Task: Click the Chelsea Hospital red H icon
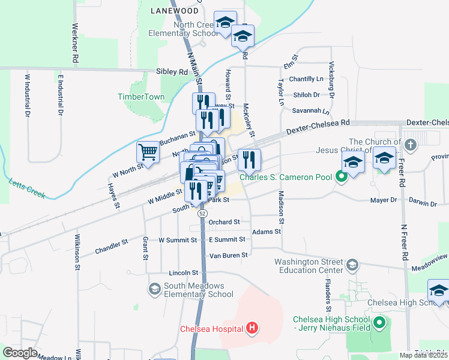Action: coord(253,328)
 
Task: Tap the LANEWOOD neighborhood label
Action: coord(174,11)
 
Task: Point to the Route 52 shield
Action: coord(203,213)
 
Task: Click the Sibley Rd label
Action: coord(172,71)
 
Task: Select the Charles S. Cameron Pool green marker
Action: coord(342,176)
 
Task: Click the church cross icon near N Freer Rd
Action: coord(409,145)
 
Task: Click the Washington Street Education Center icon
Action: coord(353,265)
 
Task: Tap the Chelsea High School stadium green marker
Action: coord(379,324)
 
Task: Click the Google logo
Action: coord(20,353)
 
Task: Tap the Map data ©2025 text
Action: coord(423,355)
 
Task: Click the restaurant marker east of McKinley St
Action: coord(249,159)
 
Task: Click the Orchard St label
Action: coord(224,222)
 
